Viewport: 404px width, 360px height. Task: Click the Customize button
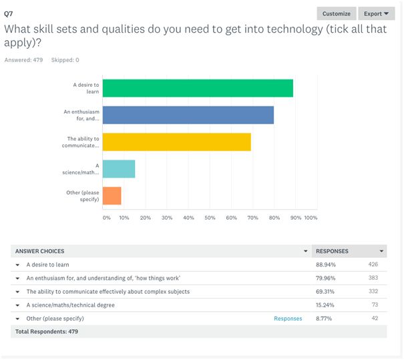[x=336, y=13]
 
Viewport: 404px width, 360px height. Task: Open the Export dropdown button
[x=377, y=13]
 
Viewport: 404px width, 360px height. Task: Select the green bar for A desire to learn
[x=198, y=88]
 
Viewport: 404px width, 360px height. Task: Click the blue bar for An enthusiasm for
[x=188, y=115]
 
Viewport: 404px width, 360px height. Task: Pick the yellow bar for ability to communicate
[x=176, y=142]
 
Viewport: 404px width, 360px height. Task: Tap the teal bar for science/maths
[x=119, y=169]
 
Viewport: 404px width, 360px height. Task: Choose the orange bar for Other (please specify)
[x=112, y=196]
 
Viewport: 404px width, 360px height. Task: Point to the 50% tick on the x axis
[x=210, y=218]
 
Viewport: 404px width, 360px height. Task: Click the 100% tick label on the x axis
[x=311, y=218]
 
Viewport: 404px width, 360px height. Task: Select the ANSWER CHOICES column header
[x=40, y=251]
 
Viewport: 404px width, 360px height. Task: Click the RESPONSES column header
[x=332, y=251]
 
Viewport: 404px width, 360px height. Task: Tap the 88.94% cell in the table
[x=326, y=264]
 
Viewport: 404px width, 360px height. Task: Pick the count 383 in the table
[x=373, y=278]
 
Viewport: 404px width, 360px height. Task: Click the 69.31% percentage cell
[x=326, y=291]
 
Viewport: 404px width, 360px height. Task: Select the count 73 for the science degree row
[x=374, y=305]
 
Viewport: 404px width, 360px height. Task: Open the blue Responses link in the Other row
[x=288, y=319]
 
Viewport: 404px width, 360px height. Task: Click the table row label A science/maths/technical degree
[x=70, y=305]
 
